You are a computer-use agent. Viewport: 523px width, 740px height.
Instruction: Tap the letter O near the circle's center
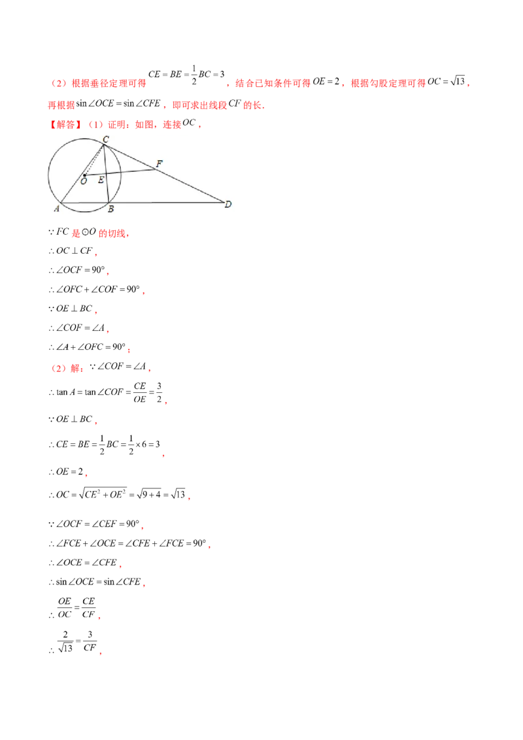click(83, 182)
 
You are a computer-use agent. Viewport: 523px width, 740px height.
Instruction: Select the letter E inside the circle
click(101, 180)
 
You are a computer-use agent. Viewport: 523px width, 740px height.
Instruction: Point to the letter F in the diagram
click(159, 163)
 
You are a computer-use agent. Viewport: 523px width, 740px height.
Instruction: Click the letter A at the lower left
click(56, 209)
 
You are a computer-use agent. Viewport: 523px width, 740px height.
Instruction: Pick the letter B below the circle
click(110, 209)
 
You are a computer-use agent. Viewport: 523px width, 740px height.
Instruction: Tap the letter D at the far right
click(228, 205)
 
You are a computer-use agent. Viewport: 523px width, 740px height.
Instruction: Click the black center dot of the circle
click(84, 175)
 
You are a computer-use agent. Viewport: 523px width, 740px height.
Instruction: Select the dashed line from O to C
click(94, 160)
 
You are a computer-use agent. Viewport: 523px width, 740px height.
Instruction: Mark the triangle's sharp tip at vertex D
click(223, 203)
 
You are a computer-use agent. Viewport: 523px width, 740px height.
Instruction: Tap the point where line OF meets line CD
click(156, 169)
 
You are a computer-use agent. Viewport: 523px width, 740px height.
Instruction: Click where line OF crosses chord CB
click(106, 173)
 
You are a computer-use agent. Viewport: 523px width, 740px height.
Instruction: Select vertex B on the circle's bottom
click(109, 203)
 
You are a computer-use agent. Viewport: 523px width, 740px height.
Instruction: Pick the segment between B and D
click(167, 203)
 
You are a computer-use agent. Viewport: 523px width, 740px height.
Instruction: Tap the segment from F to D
click(190, 186)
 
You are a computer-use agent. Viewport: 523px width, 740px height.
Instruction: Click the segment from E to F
click(131, 171)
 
